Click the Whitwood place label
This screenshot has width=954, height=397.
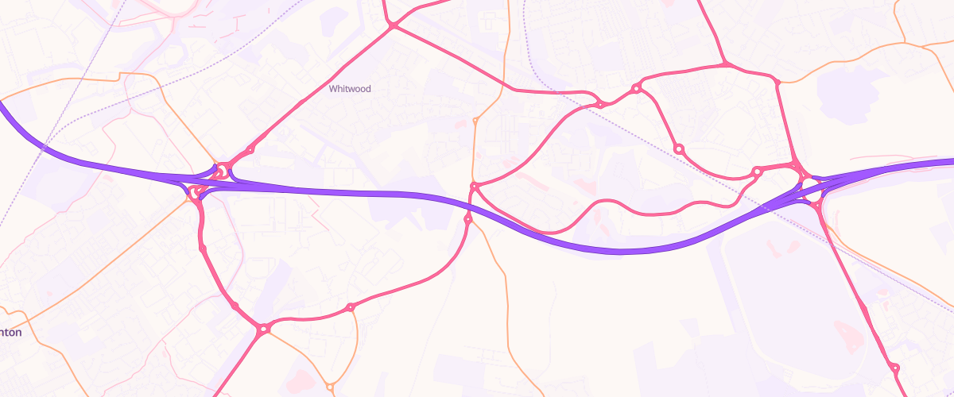pyautogui.click(x=350, y=89)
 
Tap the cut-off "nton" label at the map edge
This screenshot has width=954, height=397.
pyautogui.click(x=11, y=333)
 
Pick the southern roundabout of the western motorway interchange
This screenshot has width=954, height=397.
pyautogui.click(x=196, y=191)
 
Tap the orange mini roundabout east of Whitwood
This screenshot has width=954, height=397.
pyautogui.click(x=475, y=121)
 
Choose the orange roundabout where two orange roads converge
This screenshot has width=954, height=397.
pyautogui.click(x=330, y=387)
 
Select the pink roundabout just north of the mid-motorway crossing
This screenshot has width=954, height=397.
pyautogui.click(x=474, y=187)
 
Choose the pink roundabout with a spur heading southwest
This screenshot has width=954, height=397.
pyautogui.click(x=263, y=328)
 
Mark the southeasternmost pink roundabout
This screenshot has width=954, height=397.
pyautogui.click(x=894, y=368)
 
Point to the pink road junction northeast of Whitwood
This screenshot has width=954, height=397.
pyautogui.click(x=393, y=26)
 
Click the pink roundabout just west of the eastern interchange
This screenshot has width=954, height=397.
pyautogui.click(x=758, y=171)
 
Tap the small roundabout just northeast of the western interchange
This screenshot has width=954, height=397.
pyautogui.click(x=250, y=149)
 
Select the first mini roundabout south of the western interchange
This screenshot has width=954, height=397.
pyautogui.click(x=204, y=249)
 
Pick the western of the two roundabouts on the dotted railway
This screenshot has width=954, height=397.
pyautogui.click(x=602, y=104)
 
